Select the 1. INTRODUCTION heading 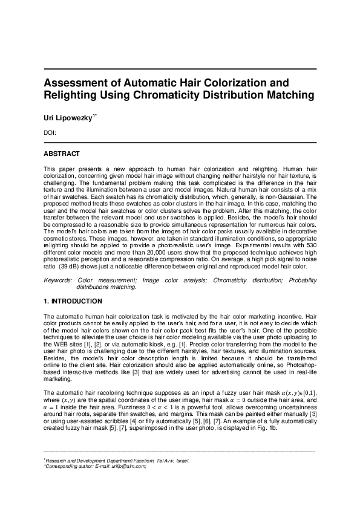pos(73,301)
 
